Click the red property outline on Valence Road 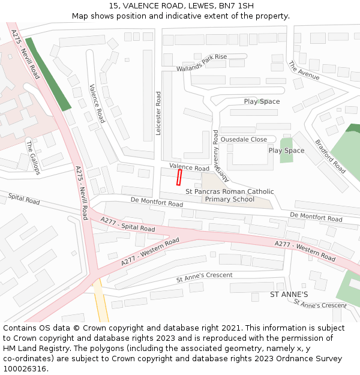pyautogui.click(x=179, y=178)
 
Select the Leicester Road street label pyautogui.click(x=158, y=113)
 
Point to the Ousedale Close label pyautogui.click(x=244, y=139)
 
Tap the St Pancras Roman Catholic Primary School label pyautogui.click(x=229, y=196)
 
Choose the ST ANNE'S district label pyautogui.click(x=289, y=295)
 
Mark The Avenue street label pyautogui.click(x=304, y=70)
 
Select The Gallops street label pyautogui.click(x=32, y=157)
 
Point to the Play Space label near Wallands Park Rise pyautogui.click(x=262, y=101)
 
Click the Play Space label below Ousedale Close pyautogui.click(x=286, y=151)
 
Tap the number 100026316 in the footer pyautogui.click(x=25, y=369)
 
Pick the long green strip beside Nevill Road pyautogui.click(x=48, y=74)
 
